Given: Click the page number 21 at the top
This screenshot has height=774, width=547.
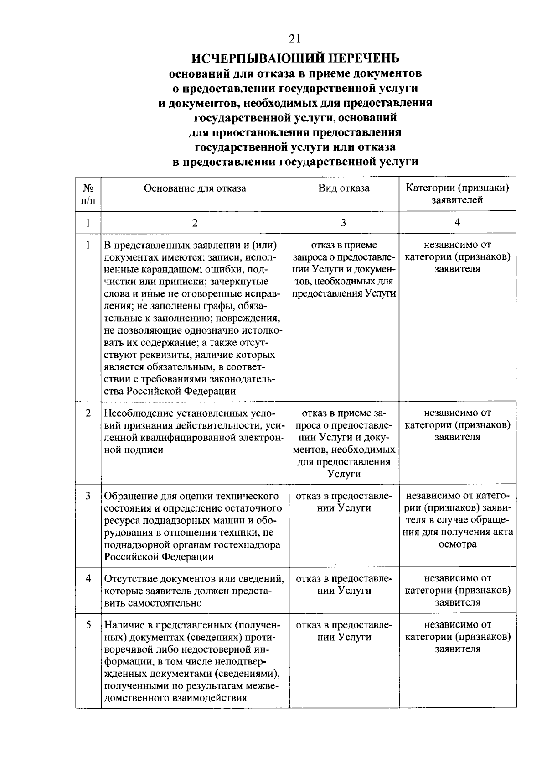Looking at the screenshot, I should tap(294, 39).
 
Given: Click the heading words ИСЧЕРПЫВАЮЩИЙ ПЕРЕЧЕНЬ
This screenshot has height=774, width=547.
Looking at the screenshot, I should tap(295, 58).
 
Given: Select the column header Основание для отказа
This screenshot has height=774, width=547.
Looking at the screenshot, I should tap(195, 188).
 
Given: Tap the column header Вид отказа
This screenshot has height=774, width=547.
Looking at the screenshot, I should tap(344, 188).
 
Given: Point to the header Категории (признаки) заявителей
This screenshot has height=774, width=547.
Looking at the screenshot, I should tap(457, 194).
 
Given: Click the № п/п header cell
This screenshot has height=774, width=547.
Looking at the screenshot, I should tap(88, 194).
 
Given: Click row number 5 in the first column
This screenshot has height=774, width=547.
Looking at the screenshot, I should tap(88, 624).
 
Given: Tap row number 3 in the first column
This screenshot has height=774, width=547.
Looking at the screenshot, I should tap(88, 496).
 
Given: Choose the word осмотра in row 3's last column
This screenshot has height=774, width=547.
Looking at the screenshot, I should tap(457, 544).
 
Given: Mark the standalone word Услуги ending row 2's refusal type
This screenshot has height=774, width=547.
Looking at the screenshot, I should tap(344, 474).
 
